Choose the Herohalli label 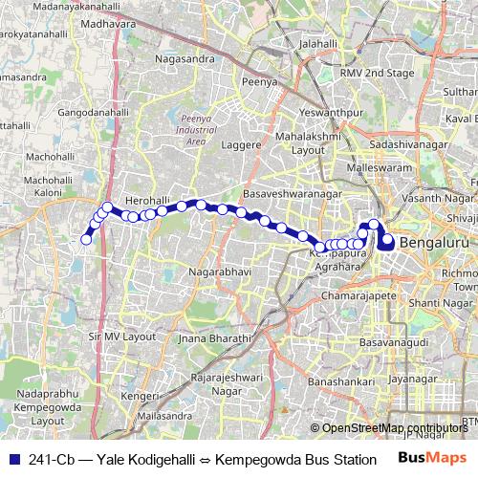pyautogui.click(x=146, y=187)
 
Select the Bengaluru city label pyautogui.click(x=436, y=243)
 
